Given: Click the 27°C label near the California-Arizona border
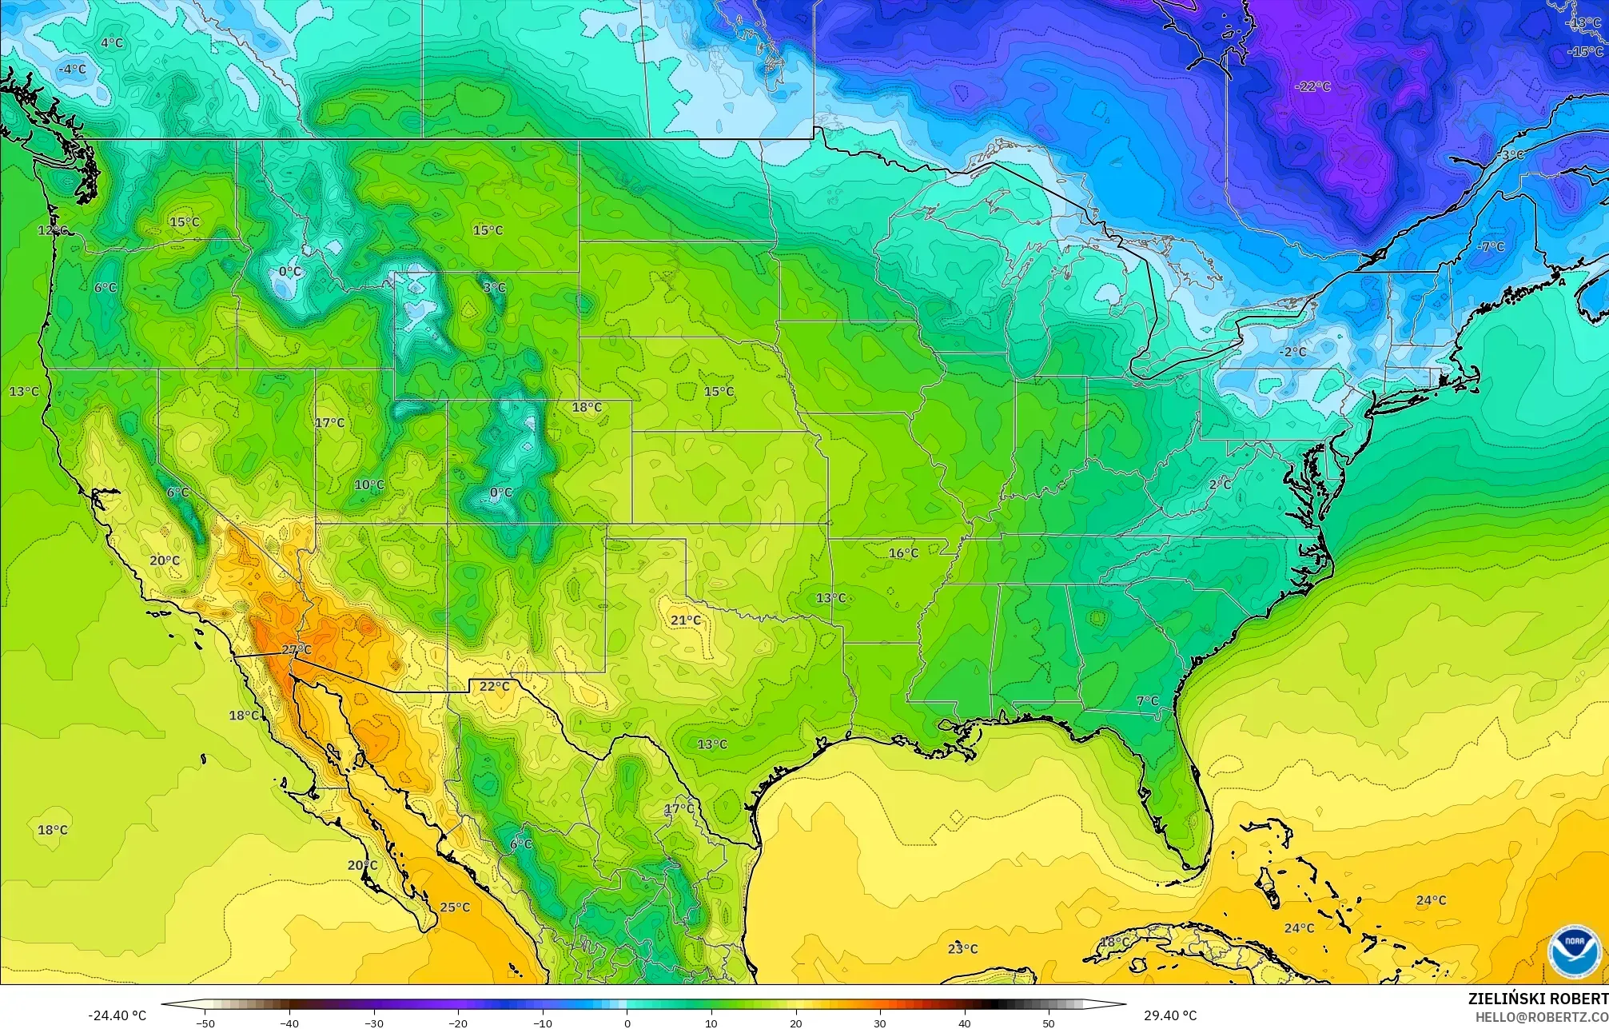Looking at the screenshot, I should tap(297, 649).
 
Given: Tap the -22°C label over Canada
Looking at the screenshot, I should tap(1312, 86).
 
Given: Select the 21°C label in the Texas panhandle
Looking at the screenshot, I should tap(686, 620).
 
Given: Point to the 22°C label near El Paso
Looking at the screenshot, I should tap(494, 686).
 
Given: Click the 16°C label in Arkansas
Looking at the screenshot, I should tap(903, 553).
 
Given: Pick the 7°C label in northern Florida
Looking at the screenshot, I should tap(1147, 701).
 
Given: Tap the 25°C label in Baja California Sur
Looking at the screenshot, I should tap(455, 907).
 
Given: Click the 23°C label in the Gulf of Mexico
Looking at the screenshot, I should tap(962, 949).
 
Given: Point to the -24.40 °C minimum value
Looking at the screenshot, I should tap(117, 1016).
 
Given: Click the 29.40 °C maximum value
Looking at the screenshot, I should tap(1170, 1016).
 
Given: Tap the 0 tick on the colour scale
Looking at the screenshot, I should tap(627, 1023).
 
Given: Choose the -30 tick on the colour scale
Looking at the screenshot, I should tap(374, 1023).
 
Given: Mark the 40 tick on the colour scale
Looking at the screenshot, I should tap(965, 1023).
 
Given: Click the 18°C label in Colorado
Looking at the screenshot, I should tap(587, 408).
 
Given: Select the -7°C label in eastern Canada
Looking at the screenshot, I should tap(1491, 247).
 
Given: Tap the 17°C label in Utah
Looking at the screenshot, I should tap(329, 423).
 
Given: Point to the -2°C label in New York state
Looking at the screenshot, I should tap(1292, 352).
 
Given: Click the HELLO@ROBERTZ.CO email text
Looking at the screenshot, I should tap(1541, 1016).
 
